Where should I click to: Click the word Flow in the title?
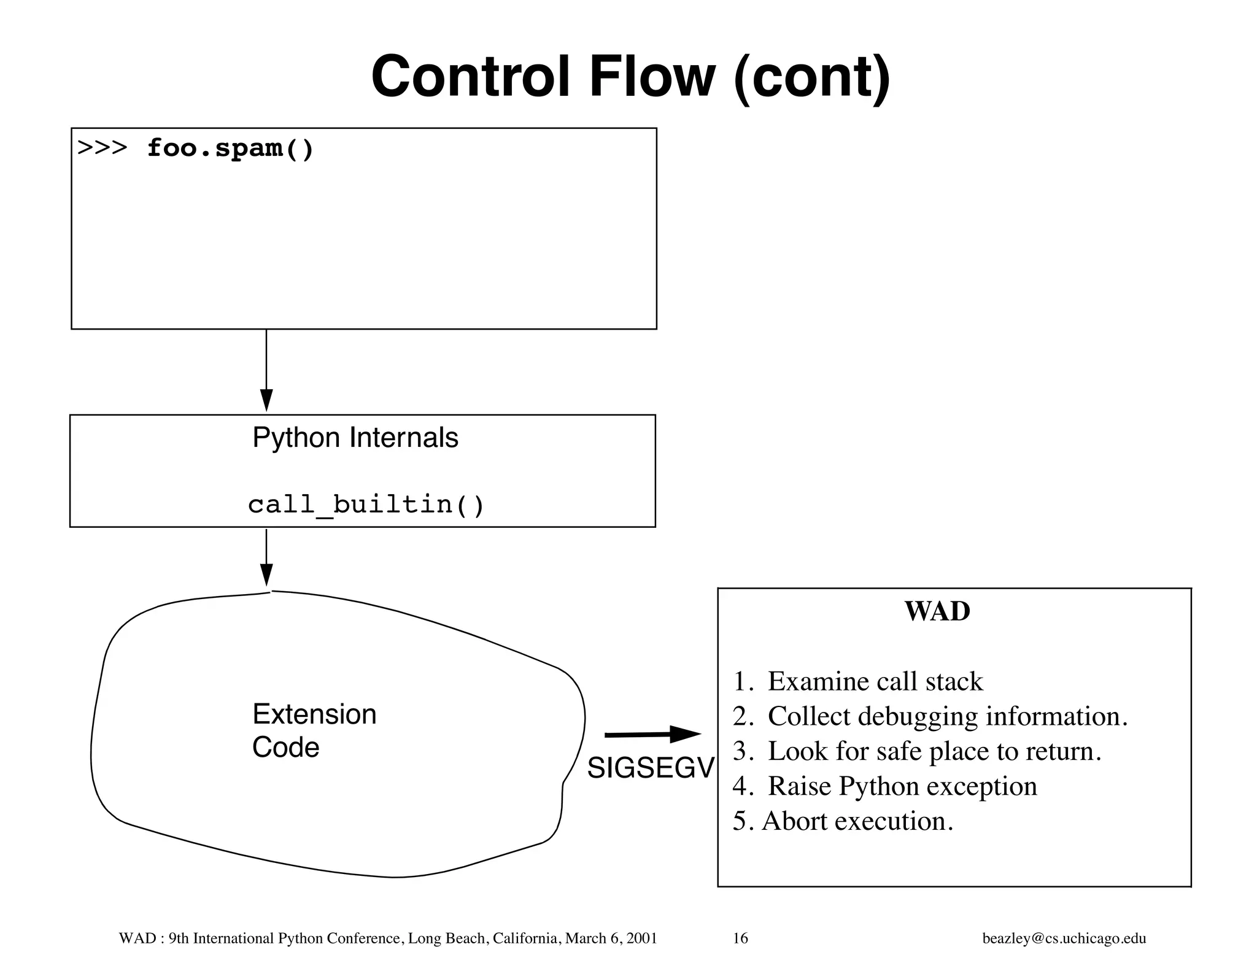[x=652, y=77]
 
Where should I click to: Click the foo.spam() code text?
[x=230, y=149]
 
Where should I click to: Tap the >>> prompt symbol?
[x=102, y=149]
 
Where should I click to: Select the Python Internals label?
[x=355, y=438]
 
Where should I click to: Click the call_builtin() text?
[x=366, y=505]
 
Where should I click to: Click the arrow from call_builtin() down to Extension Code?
[x=266, y=557]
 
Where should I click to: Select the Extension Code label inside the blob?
[x=314, y=730]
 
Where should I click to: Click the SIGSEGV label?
[x=651, y=768]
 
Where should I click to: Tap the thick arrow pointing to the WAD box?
[x=652, y=734]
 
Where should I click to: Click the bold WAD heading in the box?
[x=937, y=611]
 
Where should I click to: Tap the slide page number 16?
[x=740, y=938]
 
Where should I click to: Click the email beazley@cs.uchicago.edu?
[x=1064, y=938]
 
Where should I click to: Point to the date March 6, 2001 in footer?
[x=611, y=938]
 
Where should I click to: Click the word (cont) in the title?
[x=811, y=78]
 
